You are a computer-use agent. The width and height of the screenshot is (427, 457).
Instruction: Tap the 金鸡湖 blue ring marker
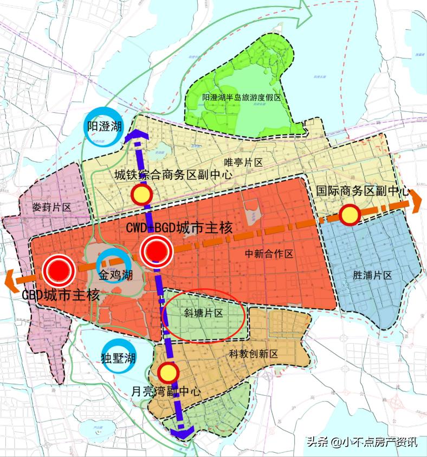[x=115, y=264]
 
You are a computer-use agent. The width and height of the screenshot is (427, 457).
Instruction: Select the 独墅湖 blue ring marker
[x=118, y=357]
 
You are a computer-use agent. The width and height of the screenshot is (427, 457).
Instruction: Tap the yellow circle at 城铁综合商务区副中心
[x=141, y=194]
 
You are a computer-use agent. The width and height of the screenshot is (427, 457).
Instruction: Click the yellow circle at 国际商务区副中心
[x=350, y=215]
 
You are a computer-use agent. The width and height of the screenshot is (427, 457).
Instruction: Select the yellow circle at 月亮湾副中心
[x=169, y=372]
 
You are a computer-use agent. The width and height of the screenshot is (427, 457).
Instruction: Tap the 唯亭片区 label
[x=243, y=162]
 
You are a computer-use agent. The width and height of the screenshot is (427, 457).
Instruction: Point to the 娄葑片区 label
[x=52, y=207]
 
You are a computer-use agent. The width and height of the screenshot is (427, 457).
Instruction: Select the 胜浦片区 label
[x=372, y=275]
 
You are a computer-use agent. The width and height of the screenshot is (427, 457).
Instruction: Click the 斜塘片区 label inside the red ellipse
[x=203, y=313]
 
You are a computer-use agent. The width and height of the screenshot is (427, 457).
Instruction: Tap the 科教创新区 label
[x=253, y=354]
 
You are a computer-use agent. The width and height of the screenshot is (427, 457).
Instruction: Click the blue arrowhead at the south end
[x=181, y=433]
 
